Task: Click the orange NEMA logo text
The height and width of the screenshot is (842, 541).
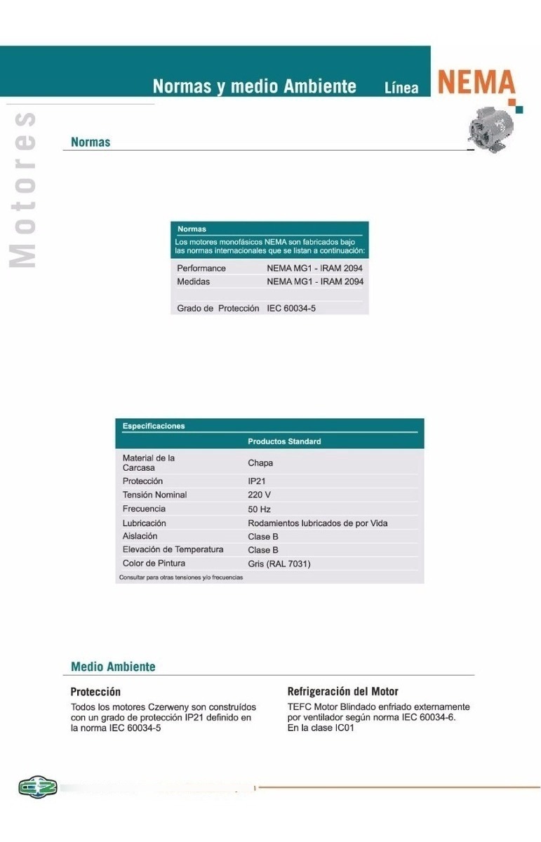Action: (476, 83)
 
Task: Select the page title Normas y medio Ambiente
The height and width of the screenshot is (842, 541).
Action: (255, 86)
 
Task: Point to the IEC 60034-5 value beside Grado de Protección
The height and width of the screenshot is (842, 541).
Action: (291, 308)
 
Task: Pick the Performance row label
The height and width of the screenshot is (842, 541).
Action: (201, 268)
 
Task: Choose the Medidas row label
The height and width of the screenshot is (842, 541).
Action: (193, 281)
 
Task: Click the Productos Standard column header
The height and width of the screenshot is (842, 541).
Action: (284, 441)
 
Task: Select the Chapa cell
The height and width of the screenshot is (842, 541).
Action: (260, 463)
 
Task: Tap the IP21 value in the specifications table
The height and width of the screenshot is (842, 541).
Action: (257, 481)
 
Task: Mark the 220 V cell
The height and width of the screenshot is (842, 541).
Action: (259, 495)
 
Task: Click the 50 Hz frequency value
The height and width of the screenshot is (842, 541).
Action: (259, 509)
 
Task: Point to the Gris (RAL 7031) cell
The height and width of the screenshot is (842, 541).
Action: (279, 563)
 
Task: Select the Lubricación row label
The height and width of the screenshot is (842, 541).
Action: (144, 523)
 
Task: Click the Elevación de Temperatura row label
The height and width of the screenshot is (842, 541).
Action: (173, 549)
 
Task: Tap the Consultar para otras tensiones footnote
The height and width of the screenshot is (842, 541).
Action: (181, 577)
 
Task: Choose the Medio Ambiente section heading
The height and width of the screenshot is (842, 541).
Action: (113, 667)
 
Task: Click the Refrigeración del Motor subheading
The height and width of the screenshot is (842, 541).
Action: (342, 692)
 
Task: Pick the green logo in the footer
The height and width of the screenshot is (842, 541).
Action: (37, 787)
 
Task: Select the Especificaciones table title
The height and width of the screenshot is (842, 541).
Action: (154, 426)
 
